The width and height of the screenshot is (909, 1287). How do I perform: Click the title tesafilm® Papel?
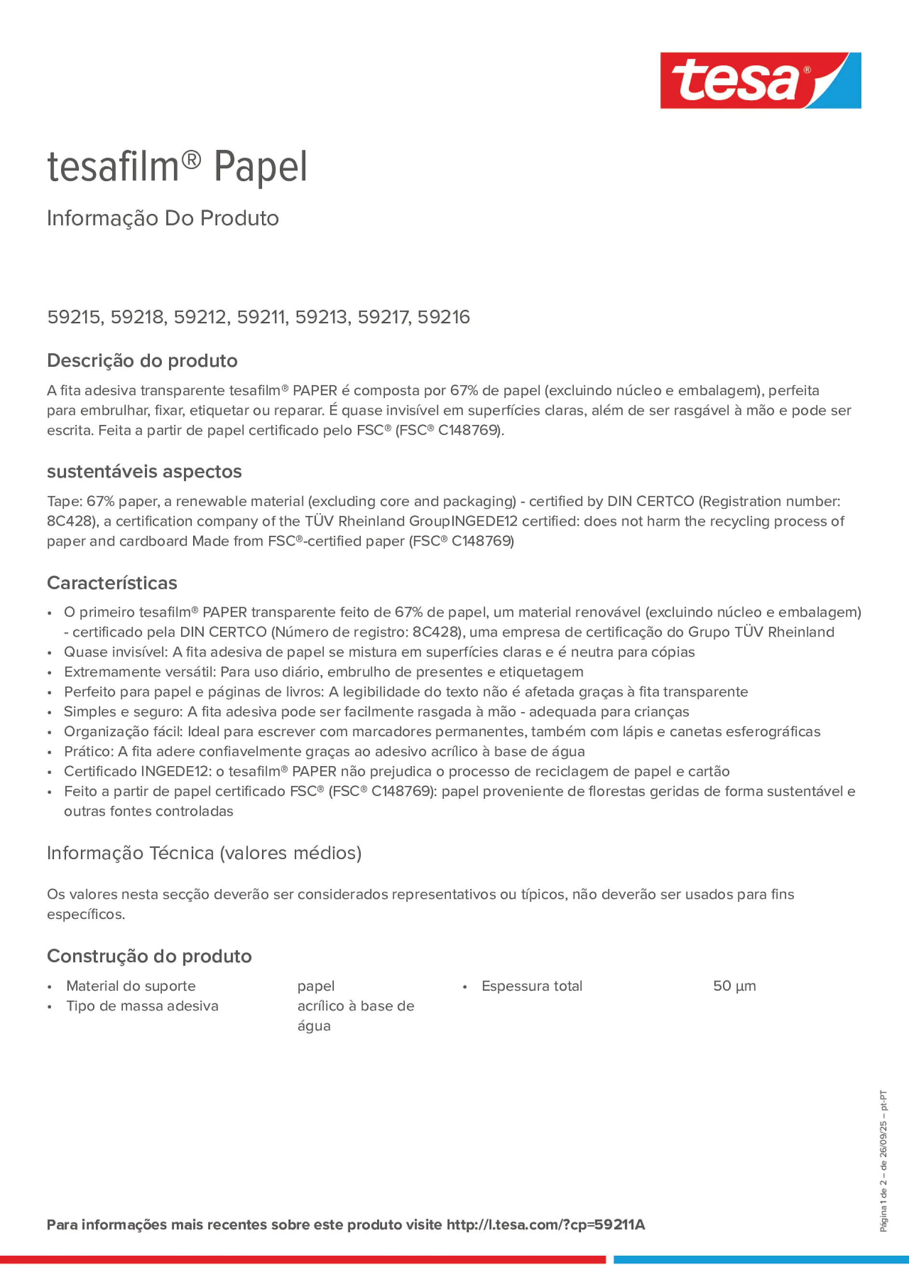[177, 167]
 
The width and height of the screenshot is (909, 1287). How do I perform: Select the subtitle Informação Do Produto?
[162, 218]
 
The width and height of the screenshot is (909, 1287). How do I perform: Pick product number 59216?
[443, 317]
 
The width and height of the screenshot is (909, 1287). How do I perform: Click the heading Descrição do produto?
[142, 360]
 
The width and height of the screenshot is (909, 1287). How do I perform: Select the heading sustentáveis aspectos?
[144, 471]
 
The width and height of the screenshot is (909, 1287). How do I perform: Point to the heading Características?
[112, 583]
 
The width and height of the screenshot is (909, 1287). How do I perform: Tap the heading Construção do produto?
[149, 955]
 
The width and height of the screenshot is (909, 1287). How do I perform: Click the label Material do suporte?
[131, 986]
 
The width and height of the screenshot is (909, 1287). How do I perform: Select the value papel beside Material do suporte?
[316, 986]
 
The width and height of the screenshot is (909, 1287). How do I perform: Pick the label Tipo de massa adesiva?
[142, 1006]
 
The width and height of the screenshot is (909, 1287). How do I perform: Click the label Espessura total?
[532, 986]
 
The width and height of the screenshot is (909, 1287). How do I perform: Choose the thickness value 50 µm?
[734, 986]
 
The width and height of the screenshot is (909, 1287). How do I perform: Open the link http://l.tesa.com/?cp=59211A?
[545, 1225]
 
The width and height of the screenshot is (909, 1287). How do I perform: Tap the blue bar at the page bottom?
[761, 1260]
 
